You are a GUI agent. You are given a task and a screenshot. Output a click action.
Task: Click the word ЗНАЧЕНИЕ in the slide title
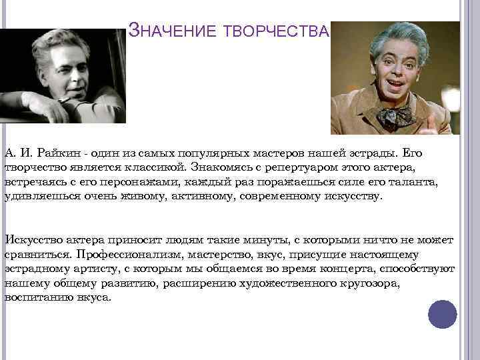(x=169, y=31)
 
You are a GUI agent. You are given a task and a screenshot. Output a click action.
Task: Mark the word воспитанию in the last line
(x=37, y=297)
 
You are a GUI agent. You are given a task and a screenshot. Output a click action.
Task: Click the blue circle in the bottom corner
(x=442, y=315)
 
